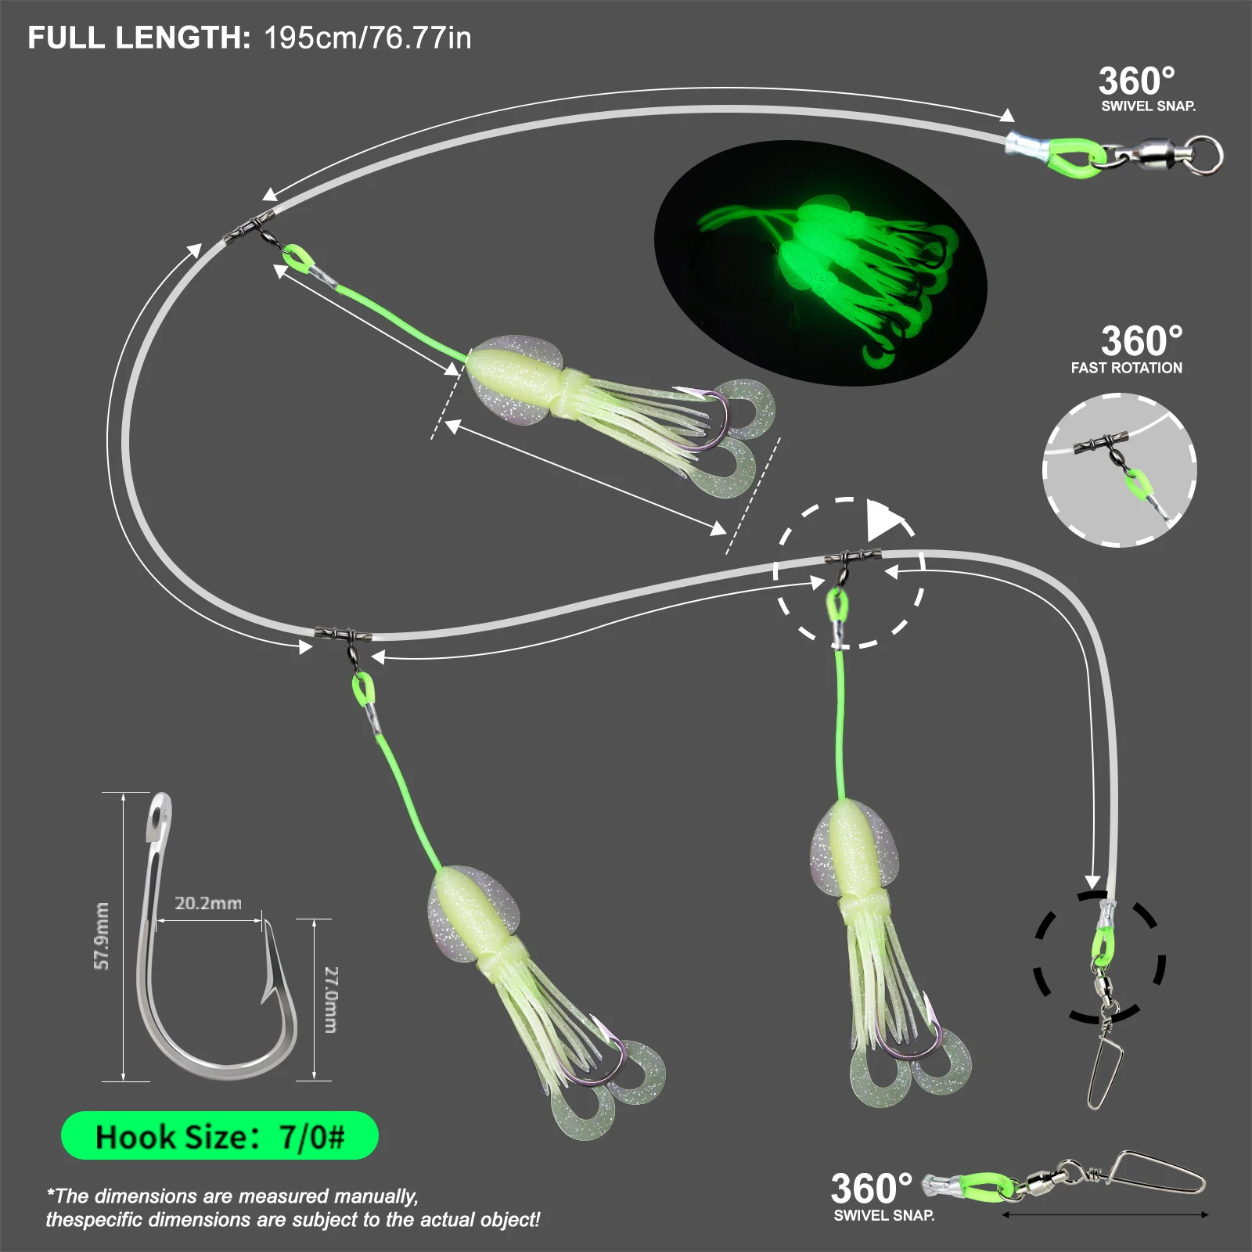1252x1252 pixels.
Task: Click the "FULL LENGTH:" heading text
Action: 139,38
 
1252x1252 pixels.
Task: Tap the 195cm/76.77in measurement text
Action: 367,38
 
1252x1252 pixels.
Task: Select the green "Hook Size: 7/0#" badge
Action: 219,1136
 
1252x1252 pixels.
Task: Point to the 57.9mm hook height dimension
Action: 102,936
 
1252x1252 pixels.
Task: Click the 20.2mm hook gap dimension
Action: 207,903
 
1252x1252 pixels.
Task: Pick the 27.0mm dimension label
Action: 332,999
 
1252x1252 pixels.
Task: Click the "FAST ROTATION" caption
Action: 1126,368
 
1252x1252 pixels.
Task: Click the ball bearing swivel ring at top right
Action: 1208,153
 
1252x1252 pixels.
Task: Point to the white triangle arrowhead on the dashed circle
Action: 884,520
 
